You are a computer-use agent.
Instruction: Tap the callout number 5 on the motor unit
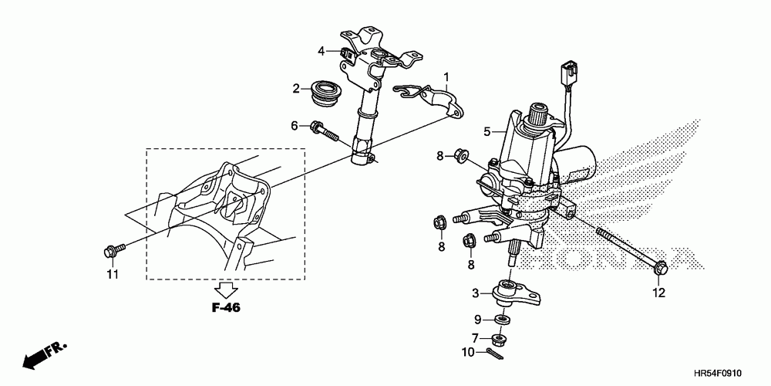[x=487, y=132]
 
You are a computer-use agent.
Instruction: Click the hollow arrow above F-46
[x=226, y=289]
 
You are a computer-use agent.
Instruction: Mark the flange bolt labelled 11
[x=109, y=251]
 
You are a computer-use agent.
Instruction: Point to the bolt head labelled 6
[x=316, y=127]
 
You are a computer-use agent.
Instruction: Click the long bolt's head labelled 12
[x=660, y=268]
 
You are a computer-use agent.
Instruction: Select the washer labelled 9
[x=501, y=319]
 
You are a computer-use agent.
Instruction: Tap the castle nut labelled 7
[x=500, y=337]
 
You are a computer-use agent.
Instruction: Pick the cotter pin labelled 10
[x=493, y=354]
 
